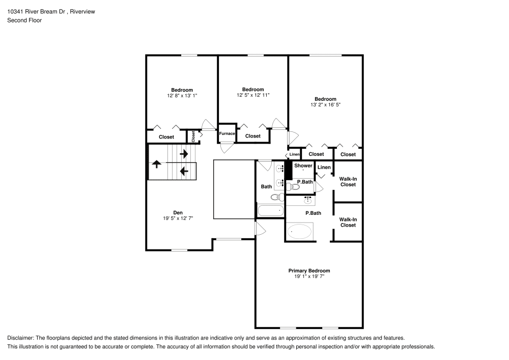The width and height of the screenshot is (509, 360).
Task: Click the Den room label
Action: coord(178,212)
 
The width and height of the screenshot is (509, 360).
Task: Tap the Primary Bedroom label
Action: coord(309,270)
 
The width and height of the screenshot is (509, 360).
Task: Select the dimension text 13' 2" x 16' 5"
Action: coord(325,105)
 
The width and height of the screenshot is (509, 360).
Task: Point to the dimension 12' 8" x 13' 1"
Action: coord(182,95)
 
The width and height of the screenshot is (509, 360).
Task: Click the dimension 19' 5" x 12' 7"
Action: coord(178,218)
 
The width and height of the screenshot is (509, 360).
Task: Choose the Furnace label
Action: coord(227,134)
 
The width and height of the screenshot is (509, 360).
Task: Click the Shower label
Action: coord(303,165)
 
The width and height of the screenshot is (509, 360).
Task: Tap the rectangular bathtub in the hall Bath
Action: coord(270,210)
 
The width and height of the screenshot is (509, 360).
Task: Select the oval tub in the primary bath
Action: coord(300,232)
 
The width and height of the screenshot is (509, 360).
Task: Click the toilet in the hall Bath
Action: coord(276,197)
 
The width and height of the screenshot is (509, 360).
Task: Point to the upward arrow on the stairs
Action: coord(157,164)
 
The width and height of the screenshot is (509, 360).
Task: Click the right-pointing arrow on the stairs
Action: coord(184,153)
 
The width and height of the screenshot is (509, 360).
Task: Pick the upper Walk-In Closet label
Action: coord(348,181)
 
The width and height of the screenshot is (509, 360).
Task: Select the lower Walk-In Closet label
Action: coord(348,222)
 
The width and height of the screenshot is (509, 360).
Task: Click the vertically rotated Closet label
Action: coord(193,136)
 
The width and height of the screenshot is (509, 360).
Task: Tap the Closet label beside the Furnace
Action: coord(253,136)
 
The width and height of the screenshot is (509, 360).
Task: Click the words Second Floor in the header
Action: coord(24,20)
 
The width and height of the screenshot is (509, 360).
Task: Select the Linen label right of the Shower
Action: coord(324,167)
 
